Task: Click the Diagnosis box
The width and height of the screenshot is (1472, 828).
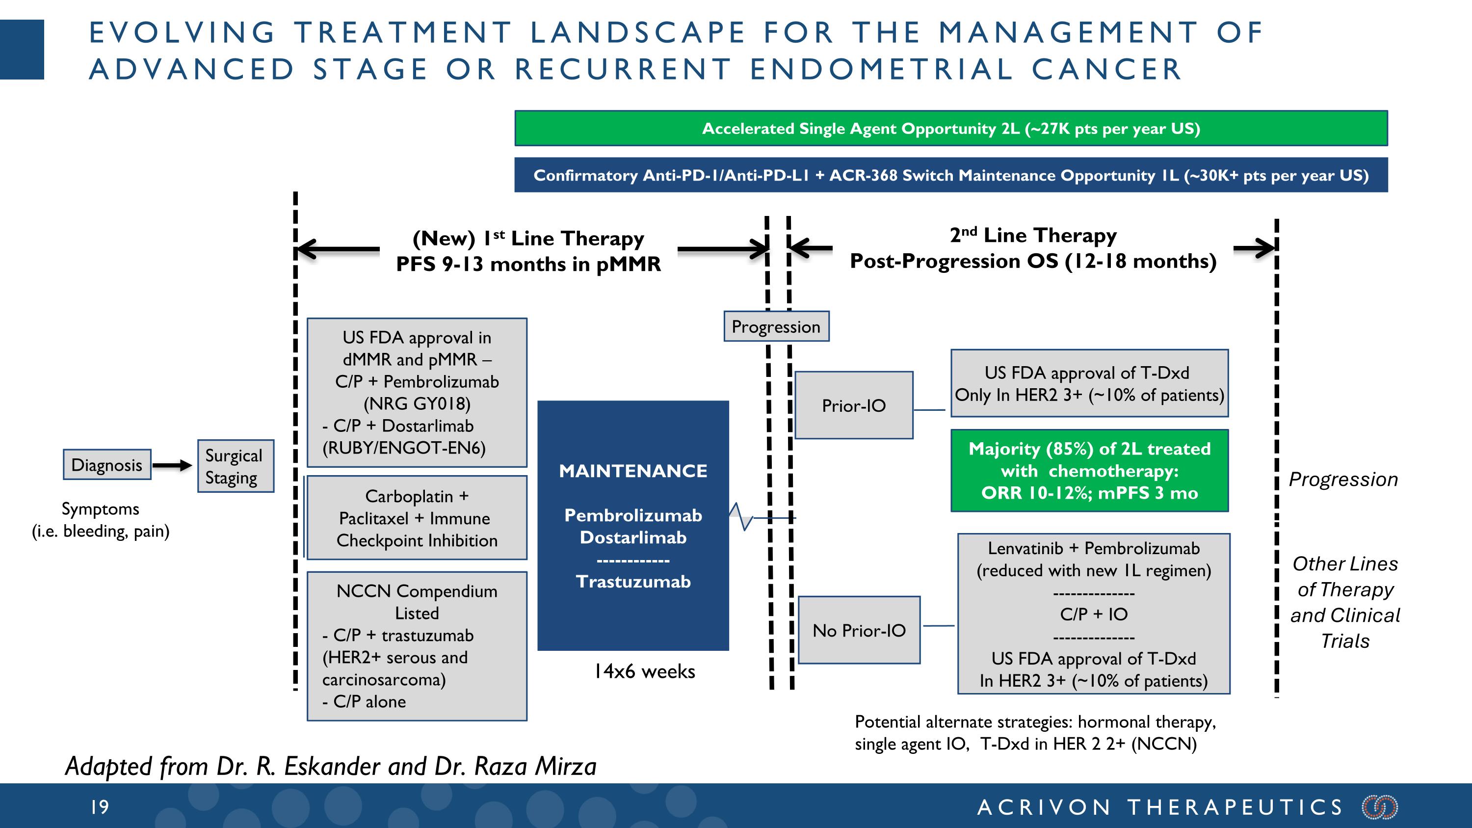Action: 107,465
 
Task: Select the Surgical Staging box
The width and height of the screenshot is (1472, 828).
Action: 236,466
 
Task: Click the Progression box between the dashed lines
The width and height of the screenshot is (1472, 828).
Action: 776,326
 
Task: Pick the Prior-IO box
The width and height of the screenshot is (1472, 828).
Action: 854,405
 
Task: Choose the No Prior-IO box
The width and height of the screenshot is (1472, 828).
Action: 859,630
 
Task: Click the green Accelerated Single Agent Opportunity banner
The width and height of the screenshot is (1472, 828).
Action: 951,128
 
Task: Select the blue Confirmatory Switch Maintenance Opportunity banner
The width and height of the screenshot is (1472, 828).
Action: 951,175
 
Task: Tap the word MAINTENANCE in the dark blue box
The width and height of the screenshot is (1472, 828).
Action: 633,471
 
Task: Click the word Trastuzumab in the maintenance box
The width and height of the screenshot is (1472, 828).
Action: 633,582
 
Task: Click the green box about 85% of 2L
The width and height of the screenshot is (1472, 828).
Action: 1089,471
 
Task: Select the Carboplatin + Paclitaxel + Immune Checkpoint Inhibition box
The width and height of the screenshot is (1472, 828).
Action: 417,518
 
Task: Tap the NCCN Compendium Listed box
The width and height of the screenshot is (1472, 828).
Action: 417,646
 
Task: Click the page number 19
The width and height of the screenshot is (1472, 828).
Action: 100,807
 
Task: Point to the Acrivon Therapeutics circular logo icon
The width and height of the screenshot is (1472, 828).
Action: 1380,807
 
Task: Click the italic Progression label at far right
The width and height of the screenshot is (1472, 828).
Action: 1343,479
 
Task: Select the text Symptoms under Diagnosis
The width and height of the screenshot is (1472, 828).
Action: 100,508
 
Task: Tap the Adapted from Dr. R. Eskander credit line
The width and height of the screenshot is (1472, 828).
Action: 331,766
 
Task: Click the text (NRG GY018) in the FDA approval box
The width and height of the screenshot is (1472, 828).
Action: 417,403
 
